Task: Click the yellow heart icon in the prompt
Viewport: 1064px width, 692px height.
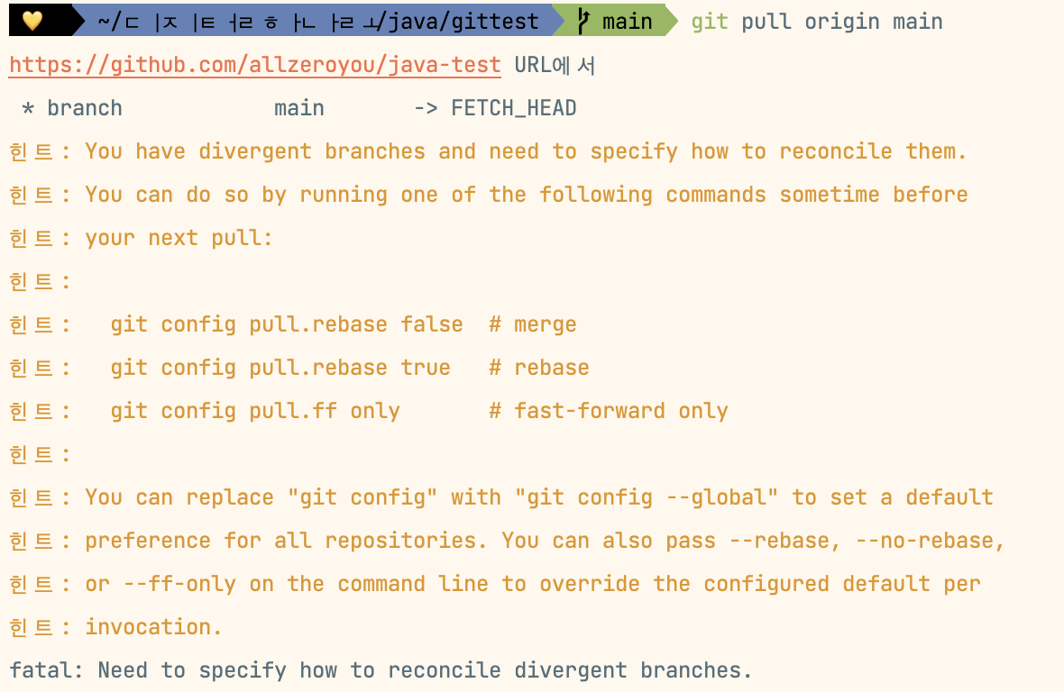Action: point(32,21)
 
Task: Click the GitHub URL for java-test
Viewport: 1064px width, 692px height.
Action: point(254,65)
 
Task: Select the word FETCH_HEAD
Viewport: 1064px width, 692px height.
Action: point(513,108)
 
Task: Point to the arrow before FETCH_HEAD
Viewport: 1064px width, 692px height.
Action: point(426,108)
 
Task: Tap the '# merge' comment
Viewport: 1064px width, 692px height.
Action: point(532,324)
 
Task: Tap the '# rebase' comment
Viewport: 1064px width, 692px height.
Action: point(538,368)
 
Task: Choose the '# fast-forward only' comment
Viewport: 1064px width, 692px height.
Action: point(608,411)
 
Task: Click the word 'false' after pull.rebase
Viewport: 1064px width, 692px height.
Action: point(432,324)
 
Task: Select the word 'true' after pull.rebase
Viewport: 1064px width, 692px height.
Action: point(426,368)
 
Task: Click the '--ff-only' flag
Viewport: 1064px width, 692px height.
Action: point(179,584)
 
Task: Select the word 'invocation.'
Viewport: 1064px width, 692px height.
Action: point(153,627)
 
